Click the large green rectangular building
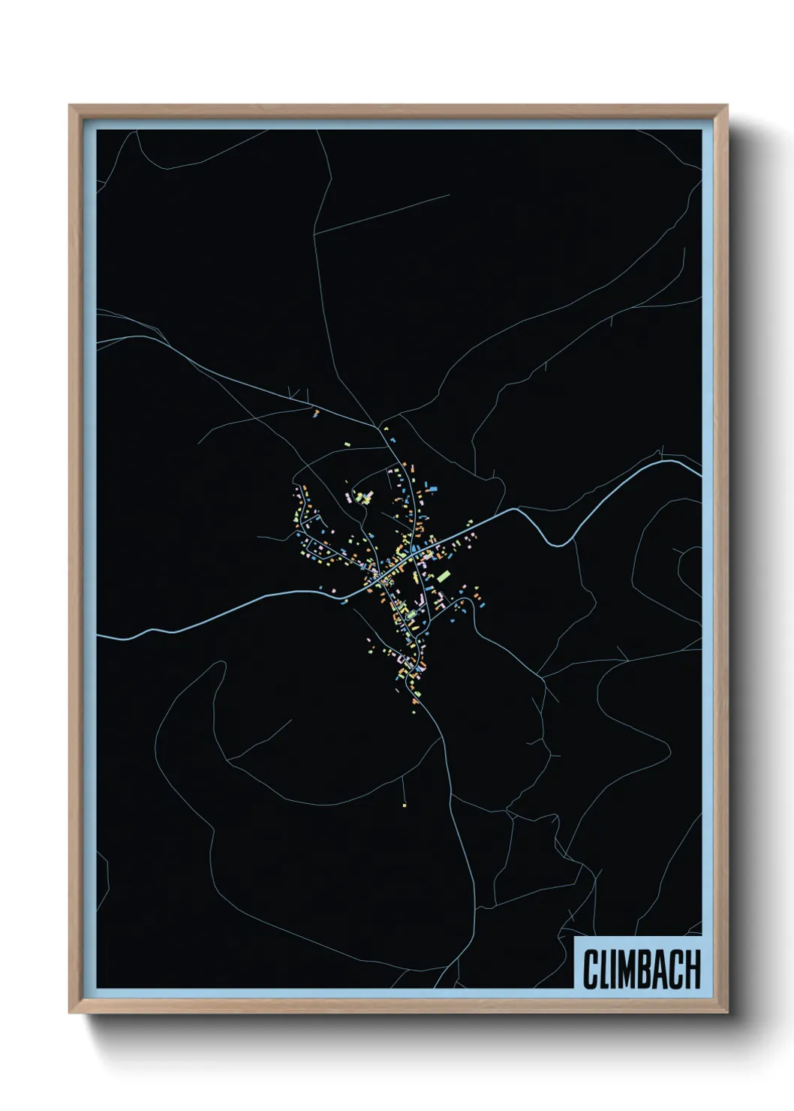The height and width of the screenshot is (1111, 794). tap(444, 576)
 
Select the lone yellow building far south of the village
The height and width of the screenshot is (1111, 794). tap(404, 805)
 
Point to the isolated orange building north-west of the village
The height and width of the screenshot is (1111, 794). tap(316, 412)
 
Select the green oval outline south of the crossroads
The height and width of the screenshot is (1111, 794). tap(410, 616)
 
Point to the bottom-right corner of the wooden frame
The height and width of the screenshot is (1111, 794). tap(727, 1012)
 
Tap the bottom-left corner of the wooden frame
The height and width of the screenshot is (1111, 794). tap(70, 1012)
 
